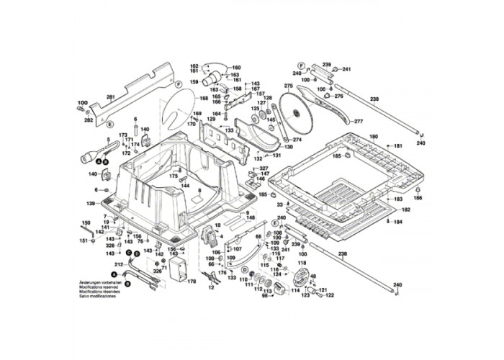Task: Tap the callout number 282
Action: point(89,120)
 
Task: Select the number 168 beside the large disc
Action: point(204,97)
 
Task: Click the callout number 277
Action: point(359,121)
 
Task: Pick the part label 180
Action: point(373,137)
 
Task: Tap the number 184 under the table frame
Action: point(397,222)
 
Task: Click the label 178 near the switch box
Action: point(192,282)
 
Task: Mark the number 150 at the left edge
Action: point(85,223)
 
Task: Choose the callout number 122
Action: point(330,295)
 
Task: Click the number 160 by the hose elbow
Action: point(236,68)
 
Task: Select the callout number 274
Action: point(297,140)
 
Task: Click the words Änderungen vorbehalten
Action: point(99,282)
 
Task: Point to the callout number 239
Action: point(325,64)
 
